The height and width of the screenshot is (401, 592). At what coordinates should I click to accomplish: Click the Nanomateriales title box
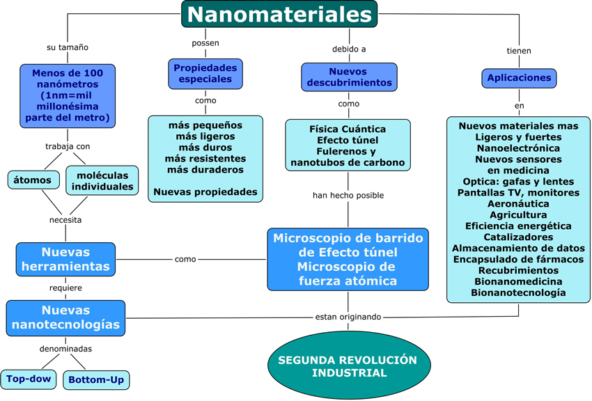tap(279, 14)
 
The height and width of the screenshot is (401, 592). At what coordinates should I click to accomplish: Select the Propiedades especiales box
tap(205, 74)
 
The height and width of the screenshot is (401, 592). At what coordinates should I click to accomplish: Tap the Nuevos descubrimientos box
tap(349, 77)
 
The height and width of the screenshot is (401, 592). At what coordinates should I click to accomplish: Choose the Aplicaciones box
tap(519, 78)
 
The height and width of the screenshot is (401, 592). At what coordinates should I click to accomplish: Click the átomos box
tap(33, 180)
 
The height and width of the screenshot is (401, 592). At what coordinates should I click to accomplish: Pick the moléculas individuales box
tap(102, 180)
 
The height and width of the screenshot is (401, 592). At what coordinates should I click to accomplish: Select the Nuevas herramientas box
tap(65, 258)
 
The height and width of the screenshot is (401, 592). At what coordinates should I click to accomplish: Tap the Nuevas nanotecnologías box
tap(65, 317)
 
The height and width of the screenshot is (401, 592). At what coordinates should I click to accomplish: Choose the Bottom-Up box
tap(96, 380)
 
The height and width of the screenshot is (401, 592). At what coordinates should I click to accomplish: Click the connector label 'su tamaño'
tap(67, 47)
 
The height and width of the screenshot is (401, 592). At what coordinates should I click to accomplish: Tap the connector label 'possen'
tap(205, 43)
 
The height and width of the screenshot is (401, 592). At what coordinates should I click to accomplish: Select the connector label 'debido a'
tap(349, 49)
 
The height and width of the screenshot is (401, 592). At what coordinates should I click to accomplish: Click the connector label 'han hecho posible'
tap(348, 196)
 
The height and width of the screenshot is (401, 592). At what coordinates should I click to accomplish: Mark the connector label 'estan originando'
tap(348, 317)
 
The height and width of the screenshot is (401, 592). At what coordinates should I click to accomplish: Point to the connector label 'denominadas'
tap(65, 349)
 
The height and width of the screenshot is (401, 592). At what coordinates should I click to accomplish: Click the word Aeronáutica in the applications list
tap(519, 204)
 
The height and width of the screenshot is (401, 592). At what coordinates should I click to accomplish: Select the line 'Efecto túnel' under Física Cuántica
tap(347, 140)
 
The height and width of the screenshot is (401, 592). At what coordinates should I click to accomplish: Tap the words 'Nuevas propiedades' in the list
tap(205, 191)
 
